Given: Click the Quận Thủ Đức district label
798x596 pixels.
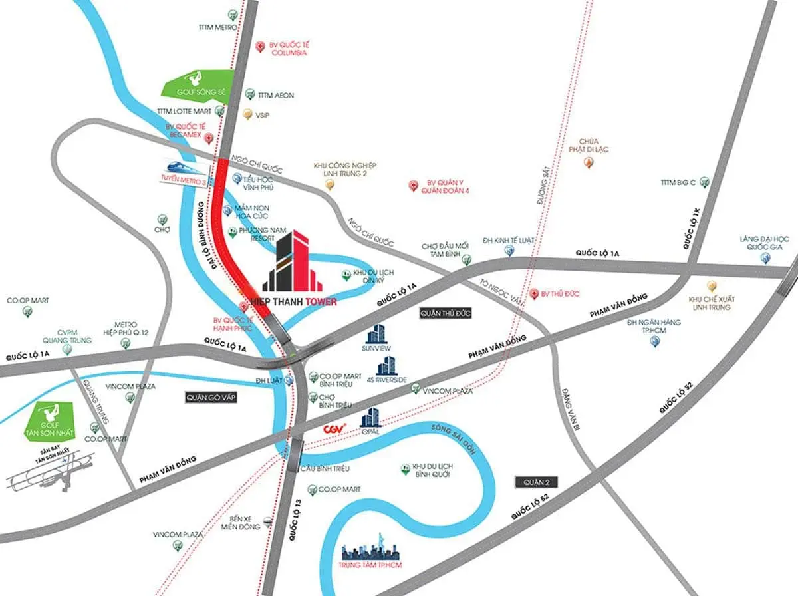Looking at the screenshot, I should (x=445, y=313).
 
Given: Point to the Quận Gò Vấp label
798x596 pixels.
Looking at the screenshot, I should (x=211, y=397).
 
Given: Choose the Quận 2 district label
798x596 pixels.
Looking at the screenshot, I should (x=537, y=482).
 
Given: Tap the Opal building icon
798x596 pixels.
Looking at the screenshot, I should (x=370, y=417).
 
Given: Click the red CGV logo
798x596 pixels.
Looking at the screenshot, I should (x=332, y=429).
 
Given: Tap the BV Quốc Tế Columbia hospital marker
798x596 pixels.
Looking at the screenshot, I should (x=260, y=47).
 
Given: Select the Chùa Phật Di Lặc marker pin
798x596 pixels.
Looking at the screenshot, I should (x=588, y=162).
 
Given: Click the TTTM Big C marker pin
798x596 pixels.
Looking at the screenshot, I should (x=704, y=182).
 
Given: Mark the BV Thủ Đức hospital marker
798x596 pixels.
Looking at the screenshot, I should (x=533, y=293).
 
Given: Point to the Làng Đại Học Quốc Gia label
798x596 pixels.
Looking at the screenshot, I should (x=764, y=243).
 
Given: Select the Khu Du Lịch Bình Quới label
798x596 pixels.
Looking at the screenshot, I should (x=433, y=470).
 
